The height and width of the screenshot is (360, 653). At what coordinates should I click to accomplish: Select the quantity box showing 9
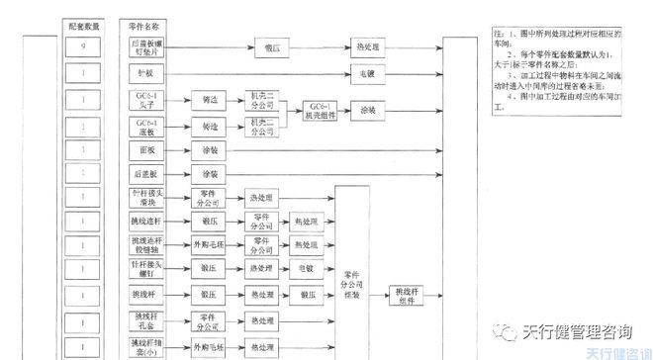[86, 45]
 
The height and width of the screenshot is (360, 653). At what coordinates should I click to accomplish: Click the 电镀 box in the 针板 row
[366, 73]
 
